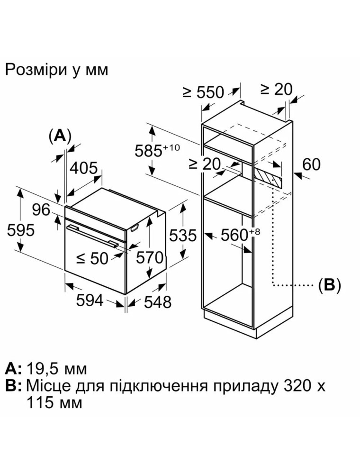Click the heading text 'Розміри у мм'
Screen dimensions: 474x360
[56, 70]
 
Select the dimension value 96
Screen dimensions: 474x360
[41, 209]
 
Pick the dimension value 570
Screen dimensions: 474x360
[150, 257]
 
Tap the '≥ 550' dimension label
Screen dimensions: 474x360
[203, 92]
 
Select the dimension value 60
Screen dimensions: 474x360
[311, 164]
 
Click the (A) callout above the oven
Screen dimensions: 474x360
[60, 136]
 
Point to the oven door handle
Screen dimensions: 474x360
[92, 235]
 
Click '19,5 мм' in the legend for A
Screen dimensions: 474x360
[57, 368]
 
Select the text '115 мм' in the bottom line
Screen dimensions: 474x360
[54, 403]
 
